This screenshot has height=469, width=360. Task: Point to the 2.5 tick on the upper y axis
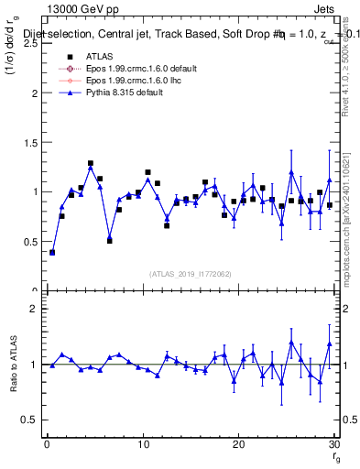(x=30, y=43)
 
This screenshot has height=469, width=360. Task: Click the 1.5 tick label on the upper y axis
(x=30, y=142)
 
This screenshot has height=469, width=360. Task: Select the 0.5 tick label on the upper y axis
(x=30, y=241)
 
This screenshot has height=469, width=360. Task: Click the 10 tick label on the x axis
(x=143, y=444)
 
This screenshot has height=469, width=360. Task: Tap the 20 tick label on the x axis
(x=238, y=444)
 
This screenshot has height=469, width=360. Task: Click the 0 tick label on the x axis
(x=48, y=444)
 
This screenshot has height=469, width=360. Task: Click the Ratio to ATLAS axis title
(x=12, y=364)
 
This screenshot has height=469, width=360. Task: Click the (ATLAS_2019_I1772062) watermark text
(x=190, y=274)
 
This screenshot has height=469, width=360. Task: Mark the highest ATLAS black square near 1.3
(x=91, y=164)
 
